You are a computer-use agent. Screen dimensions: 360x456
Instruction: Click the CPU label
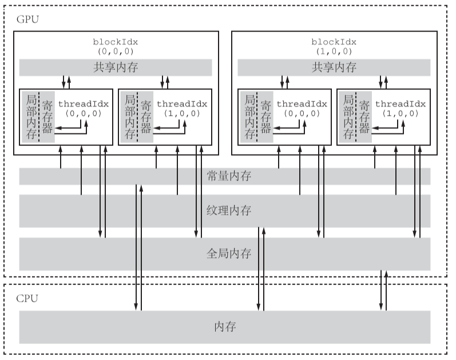pyautogui.click(x=27, y=298)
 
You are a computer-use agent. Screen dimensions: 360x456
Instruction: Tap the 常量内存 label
pyautogui.click(x=229, y=176)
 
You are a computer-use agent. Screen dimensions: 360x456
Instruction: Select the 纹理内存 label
pyautogui.click(x=229, y=211)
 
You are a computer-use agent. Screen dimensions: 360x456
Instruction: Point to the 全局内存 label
pyautogui.click(x=229, y=253)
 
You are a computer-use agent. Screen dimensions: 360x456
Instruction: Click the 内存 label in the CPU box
pyautogui.click(x=225, y=327)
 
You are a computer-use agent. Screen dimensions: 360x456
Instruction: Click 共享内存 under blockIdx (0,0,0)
pyautogui.click(x=116, y=68)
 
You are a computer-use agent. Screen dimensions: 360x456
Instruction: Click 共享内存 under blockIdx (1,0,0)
pyautogui.click(x=334, y=68)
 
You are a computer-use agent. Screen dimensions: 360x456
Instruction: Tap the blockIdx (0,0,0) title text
pyautogui.click(x=116, y=46)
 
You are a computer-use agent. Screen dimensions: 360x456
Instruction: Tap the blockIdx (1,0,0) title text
pyautogui.click(x=334, y=46)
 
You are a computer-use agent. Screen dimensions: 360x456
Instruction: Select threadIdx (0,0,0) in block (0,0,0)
pyautogui.click(x=84, y=109)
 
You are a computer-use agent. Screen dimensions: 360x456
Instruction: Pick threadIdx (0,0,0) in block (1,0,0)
pyautogui.click(x=302, y=109)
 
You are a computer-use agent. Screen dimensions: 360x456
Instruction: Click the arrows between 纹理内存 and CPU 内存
pyautogui.click(x=261, y=269)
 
